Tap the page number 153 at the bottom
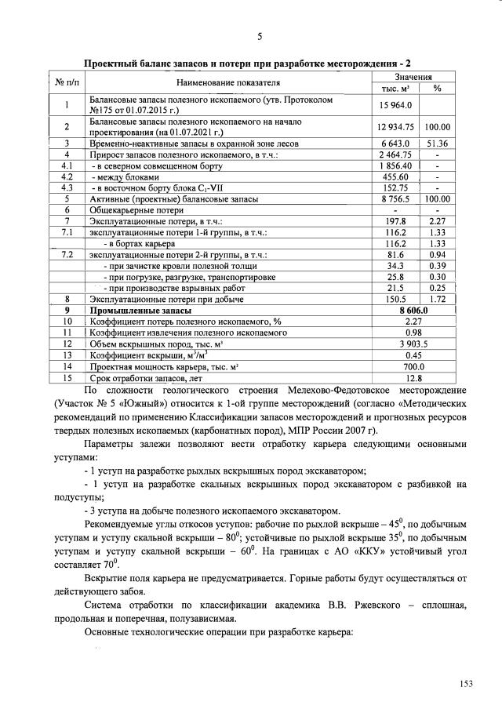tap(467, 685)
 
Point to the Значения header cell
tap(413, 77)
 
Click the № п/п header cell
tap(67, 82)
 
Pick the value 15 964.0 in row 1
tap(396, 105)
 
